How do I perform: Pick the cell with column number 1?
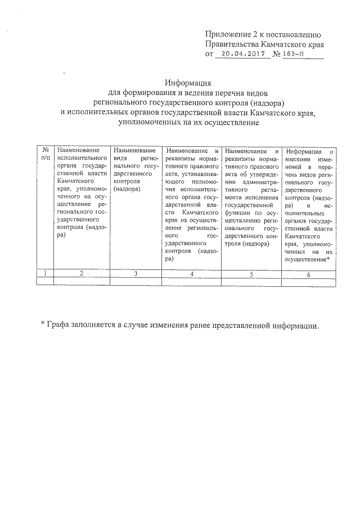44,273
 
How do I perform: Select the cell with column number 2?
82,273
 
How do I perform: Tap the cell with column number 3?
137,273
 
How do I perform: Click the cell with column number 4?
192,273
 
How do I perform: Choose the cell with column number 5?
251,273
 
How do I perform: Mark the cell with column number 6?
309,274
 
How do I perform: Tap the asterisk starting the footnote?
42,326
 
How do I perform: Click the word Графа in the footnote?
60,326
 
